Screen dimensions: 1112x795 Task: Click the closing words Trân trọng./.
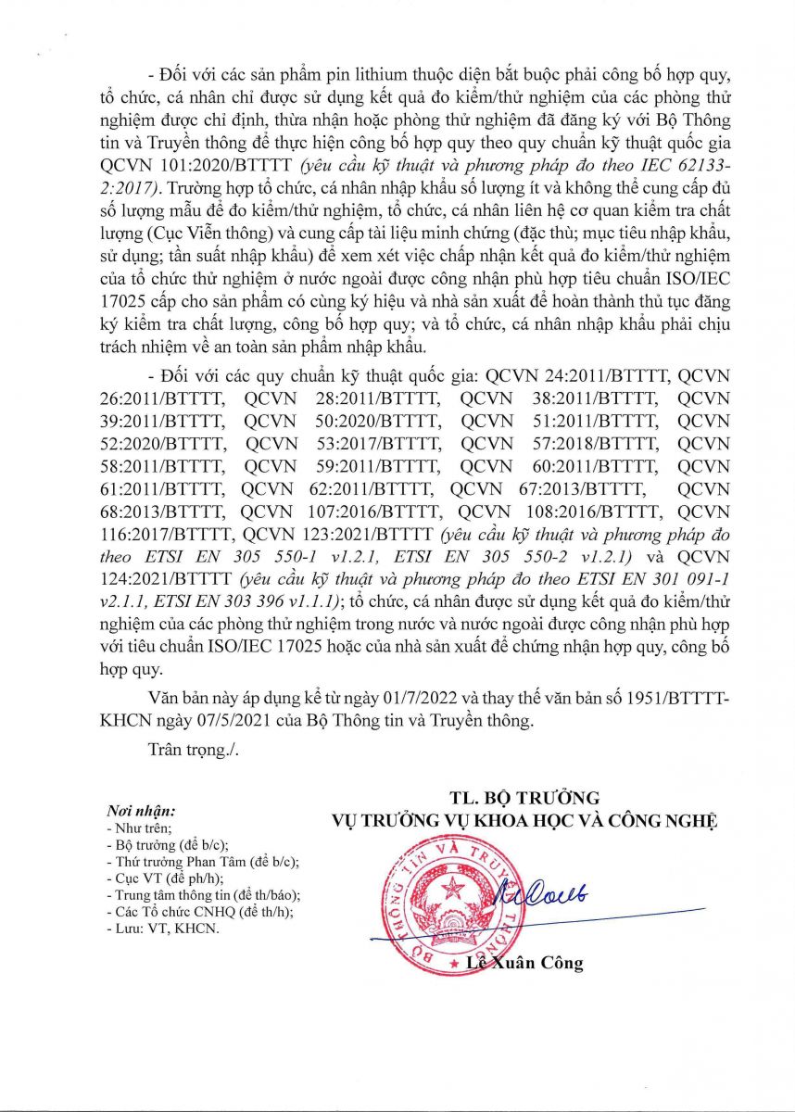(193, 750)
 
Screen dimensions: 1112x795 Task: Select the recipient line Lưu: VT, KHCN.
(163, 929)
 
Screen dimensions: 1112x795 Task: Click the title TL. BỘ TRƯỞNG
(525, 797)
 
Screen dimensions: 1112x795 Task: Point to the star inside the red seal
(454, 892)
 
